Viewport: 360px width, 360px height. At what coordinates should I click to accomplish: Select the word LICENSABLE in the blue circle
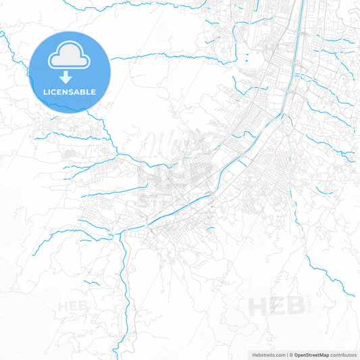pos(70,91)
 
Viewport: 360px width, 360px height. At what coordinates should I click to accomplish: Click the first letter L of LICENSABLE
pos(45,91)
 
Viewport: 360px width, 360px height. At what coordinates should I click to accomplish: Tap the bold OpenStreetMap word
pos(311,354)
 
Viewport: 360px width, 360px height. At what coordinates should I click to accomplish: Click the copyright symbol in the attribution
pos(290,354)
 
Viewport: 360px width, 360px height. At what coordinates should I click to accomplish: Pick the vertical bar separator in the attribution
pos(286,354)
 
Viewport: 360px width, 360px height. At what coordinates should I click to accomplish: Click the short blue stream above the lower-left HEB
pos(91,282)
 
